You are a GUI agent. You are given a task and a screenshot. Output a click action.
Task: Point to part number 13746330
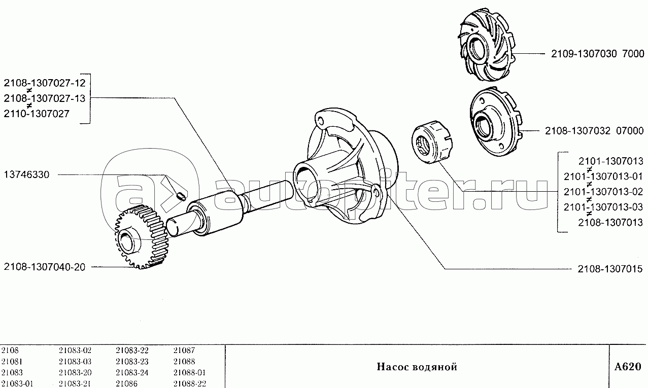point(27,174)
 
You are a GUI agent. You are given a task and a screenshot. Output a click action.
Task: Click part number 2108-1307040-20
point(44,267)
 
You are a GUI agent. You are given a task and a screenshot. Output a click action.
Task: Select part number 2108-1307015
point(609,268)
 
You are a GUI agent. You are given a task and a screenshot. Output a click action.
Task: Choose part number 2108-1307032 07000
point(594,130)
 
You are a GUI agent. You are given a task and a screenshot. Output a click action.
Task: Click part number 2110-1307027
point(36,114)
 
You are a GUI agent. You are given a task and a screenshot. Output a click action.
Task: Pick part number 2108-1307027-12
point(44,83)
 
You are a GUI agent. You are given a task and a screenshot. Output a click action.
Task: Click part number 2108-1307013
point(610,222)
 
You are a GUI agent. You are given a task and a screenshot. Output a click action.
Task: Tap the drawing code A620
point(627,367)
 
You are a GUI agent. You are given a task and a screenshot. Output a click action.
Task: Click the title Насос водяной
point(417,367)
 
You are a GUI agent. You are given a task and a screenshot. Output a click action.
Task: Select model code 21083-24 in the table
point(132,373)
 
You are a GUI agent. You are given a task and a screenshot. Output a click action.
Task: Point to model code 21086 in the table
point(126,383)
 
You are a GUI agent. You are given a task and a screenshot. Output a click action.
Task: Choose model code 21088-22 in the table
point(189,383)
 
